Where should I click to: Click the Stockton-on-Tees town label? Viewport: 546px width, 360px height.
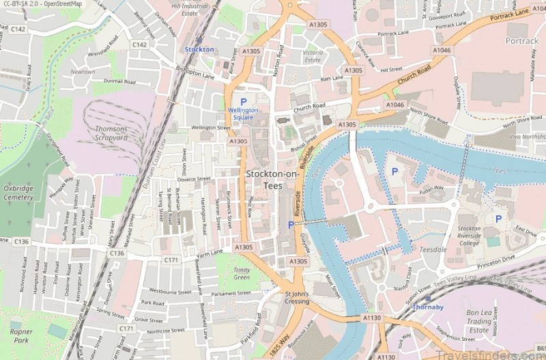(x=272, y=180)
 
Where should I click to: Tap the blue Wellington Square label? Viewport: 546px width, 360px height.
(x=243, y=113)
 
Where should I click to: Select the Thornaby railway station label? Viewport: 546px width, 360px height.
(x=428, y=307)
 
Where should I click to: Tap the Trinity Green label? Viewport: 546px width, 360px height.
(x=242, y=273)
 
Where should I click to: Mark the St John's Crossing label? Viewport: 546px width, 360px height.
(x=297, y=297)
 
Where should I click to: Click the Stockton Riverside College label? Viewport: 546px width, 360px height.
(x=469, y=236)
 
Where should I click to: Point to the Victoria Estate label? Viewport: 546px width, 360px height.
(x=313, y=56)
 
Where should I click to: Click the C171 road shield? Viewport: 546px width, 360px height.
(x=171, y=260)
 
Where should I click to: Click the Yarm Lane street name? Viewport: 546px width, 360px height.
(x=210, y=252)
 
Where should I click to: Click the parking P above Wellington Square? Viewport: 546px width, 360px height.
(x=243, y=102)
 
